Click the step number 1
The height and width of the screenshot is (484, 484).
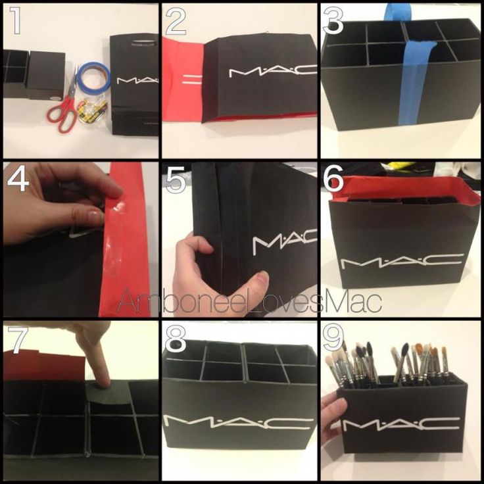click(15, 20)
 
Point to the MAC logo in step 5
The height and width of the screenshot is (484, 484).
click(285, 241)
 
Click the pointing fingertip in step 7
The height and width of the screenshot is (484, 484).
click(103, 379)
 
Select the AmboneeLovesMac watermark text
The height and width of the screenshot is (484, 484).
click(249, 301)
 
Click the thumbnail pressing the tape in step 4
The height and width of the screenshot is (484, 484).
click(95, 217)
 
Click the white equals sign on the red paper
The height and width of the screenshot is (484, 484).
click(193, 80)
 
